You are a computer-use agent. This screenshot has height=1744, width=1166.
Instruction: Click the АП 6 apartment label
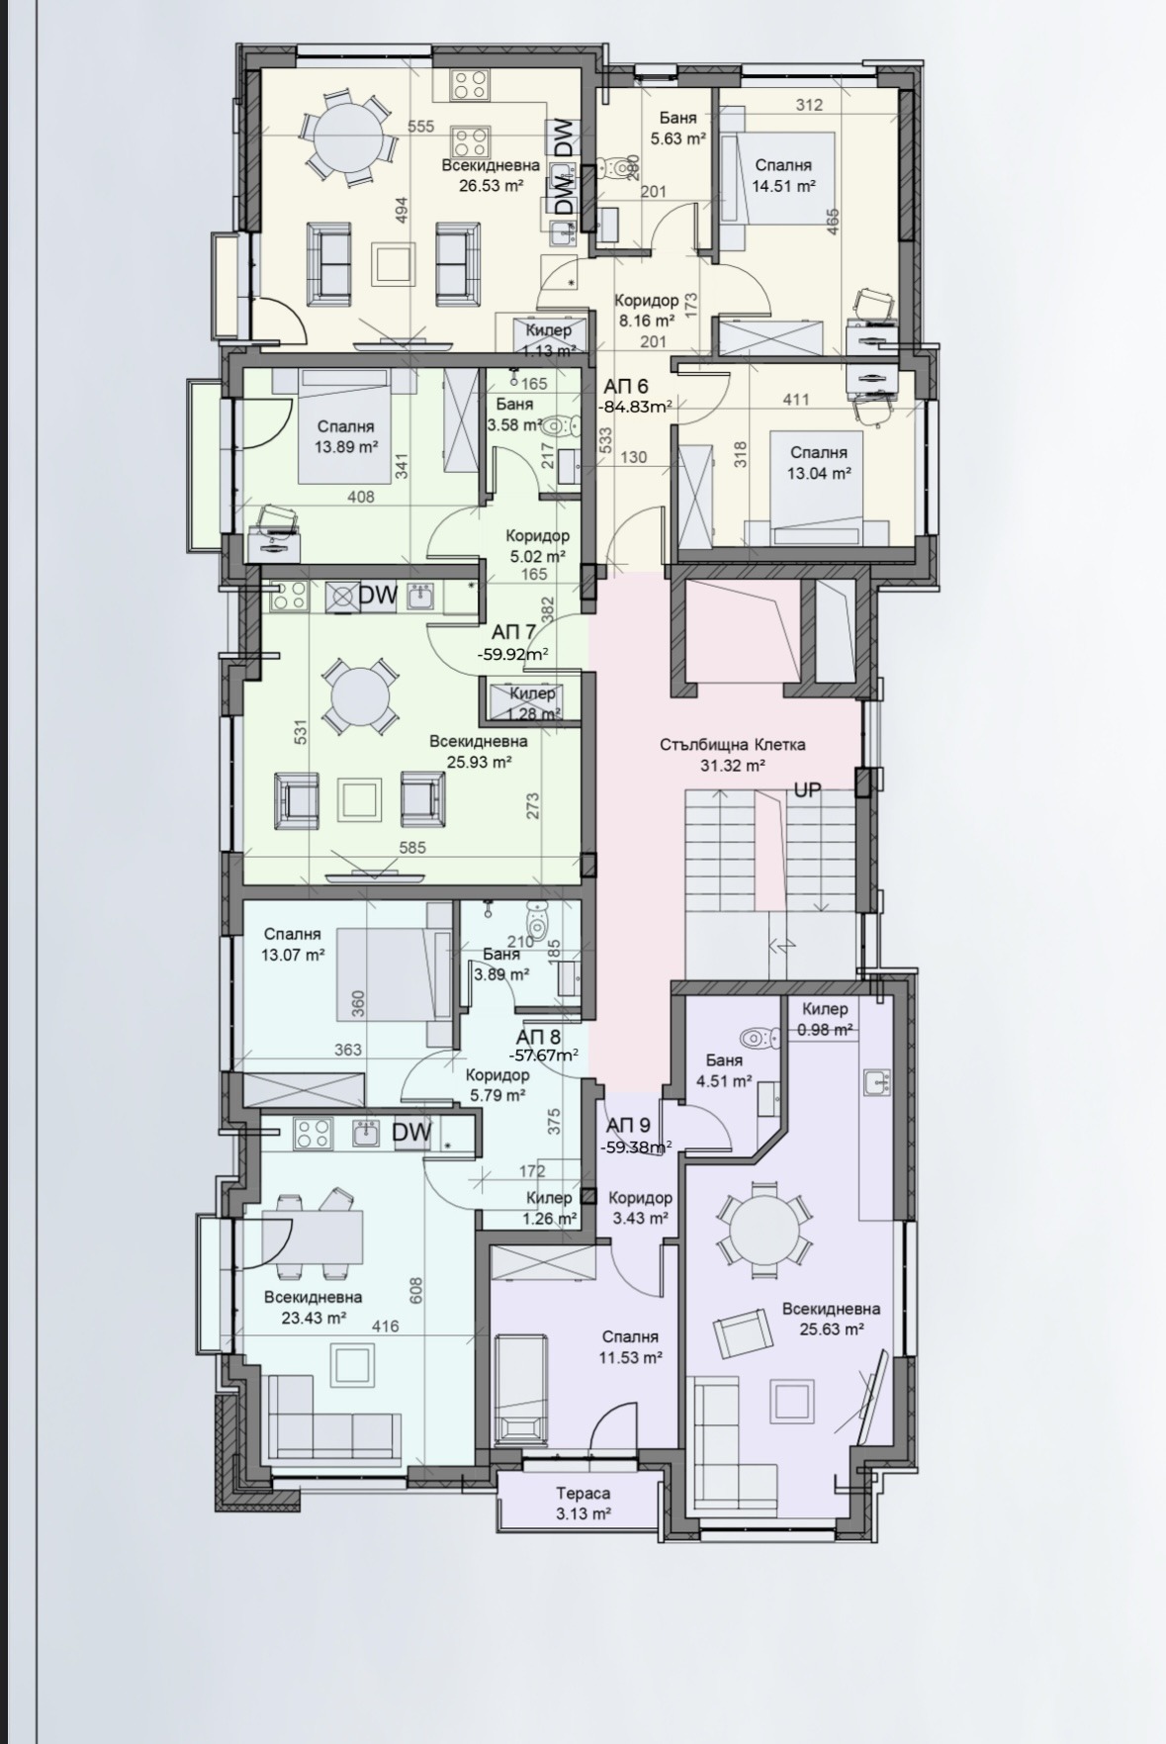pyautogui.click(x=626, y=387)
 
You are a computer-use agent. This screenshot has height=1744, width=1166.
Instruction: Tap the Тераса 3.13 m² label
pyautogui.click(x=583, y=1503)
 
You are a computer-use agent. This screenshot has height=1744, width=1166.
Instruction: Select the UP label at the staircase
pyautogui.click(x=807, y=790)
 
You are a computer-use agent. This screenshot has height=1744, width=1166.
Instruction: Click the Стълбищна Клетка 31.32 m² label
pyautogui.click(x=733, y=754)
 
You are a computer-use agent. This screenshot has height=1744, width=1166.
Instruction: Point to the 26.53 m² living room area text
pyautogui.click(x=491, y=185)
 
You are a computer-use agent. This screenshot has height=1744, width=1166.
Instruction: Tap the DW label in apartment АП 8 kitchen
pyautogui.click(x=412, y=1133)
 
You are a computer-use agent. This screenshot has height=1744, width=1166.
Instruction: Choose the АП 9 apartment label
pyautogui.click(x=628, y=1125)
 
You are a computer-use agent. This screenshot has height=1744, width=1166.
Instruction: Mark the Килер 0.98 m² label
pyautogui.click(x=826, y=1019)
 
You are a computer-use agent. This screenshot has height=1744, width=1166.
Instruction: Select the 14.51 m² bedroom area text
pyautogui.click(x=783, y=185)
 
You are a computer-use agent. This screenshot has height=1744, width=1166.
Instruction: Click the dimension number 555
pyautogui.click(x=421, y=126)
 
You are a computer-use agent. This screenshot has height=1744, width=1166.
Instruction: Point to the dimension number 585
pyautogui.click(x=411, y=847)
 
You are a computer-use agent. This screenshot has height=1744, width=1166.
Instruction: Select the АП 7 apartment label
pyautogui.click(x=513, y=633)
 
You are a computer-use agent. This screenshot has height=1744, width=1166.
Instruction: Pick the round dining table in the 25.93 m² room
pyautogui.click(x=361, y=698)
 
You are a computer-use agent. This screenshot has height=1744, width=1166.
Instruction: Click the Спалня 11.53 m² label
pyautogui.click(x=628, y=1347)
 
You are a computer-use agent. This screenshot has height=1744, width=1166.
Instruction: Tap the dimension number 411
pyautogui.click(x=796, y=400)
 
